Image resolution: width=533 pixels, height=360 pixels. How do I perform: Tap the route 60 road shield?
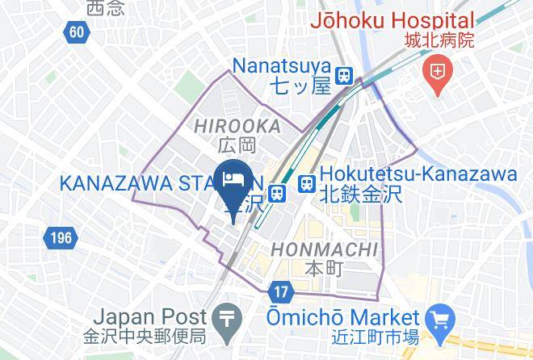[76, 32]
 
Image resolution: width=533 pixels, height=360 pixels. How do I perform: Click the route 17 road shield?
[279, 290]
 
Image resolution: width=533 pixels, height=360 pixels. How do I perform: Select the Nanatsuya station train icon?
[345, 74]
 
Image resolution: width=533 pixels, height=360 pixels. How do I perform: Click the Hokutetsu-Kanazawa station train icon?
[307, 184]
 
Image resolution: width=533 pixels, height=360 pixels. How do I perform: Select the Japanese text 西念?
[107, 8]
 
